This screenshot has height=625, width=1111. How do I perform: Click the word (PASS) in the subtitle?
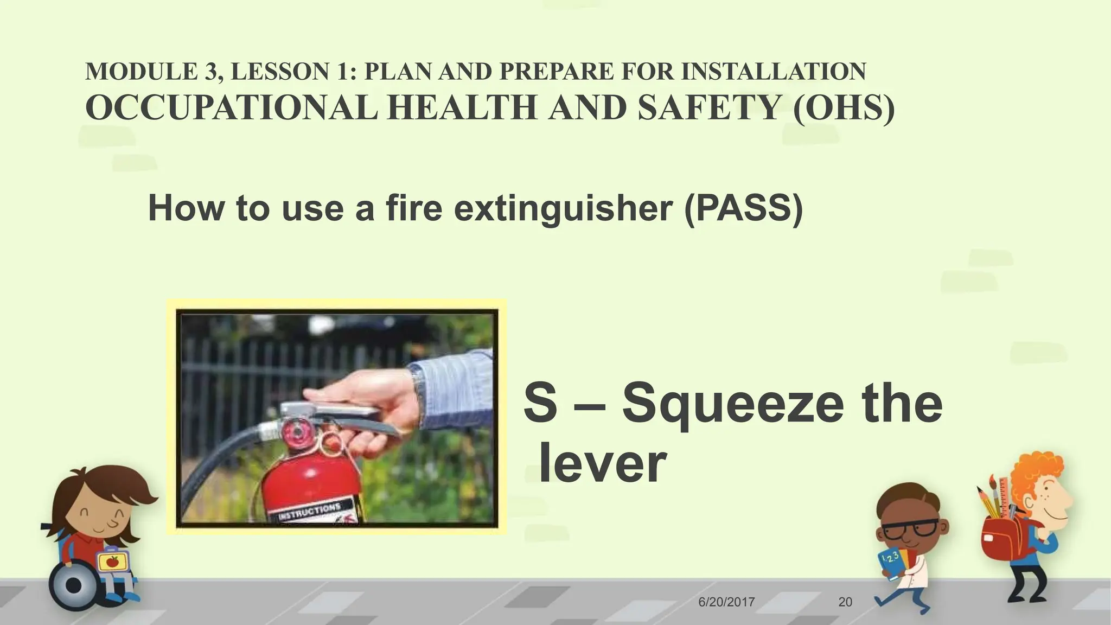tap(743, 209)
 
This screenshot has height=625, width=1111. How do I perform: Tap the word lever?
tap(602, 464)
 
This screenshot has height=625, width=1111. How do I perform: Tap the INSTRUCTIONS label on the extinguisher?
tap(309, 512)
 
